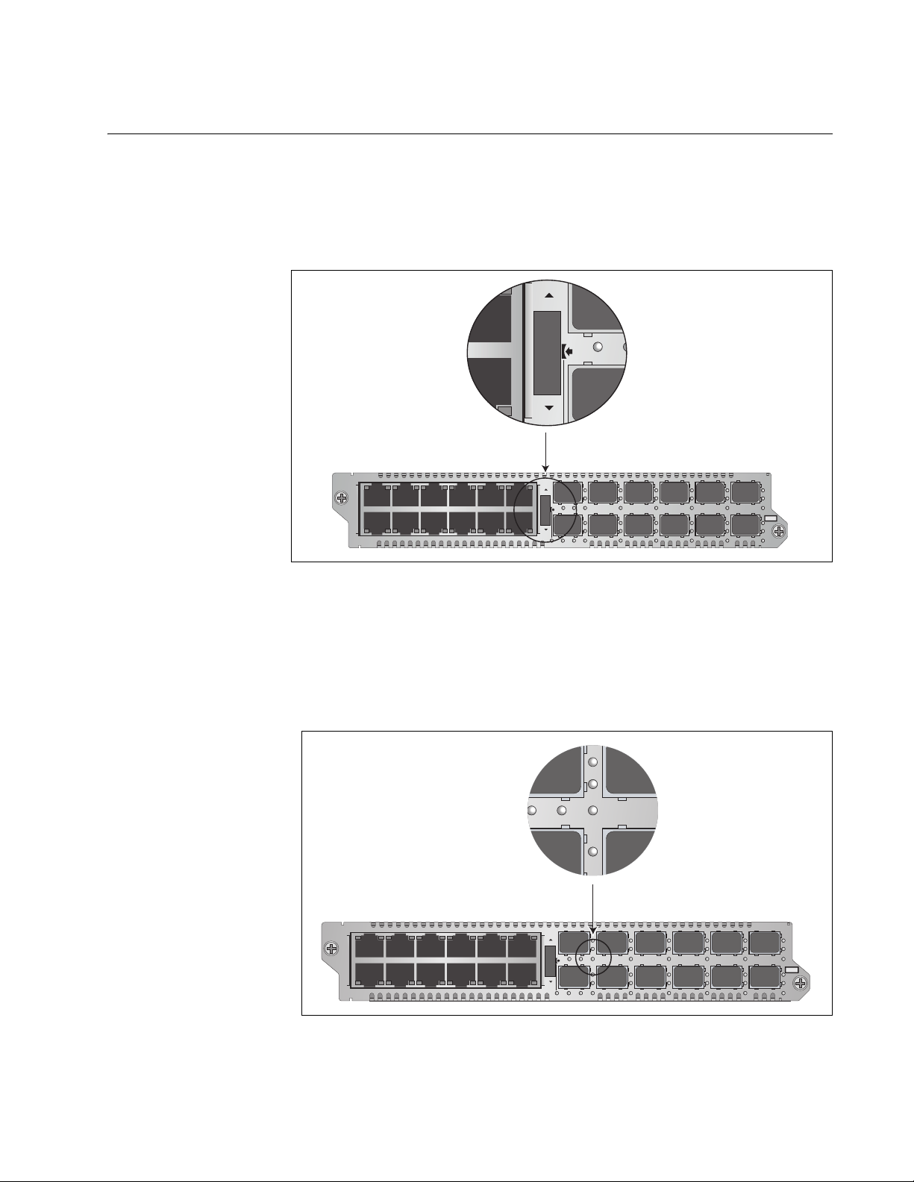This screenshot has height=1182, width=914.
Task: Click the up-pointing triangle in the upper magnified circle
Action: pyautogui.click(x=548, y=295)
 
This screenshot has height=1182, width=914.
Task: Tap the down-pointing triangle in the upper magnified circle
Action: pyautogui.click(x=548, y=408)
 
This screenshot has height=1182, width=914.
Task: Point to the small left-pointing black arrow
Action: pyautogui.click(x=569, y=350)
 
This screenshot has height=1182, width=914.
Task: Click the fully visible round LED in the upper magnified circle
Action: pyautogui.click(x=598, y=348)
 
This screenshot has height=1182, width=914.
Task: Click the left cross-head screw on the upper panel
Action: pyautogui.click(x=341, y=498)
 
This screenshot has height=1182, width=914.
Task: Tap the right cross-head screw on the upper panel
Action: pyautogui.click(x=778, y=531)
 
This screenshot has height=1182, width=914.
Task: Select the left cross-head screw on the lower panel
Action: pyautogui.click(x=331, y=949)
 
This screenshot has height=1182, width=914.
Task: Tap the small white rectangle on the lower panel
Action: pyautogui.click(x=792, y=969)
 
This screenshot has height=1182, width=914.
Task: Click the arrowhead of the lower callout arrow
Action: pyautogui.click(x=592, y=933)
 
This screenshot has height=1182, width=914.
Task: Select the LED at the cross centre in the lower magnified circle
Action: pyautogui.click(x=593, y=810)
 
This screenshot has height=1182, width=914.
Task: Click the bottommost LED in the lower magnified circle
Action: pyautogui.click(x=593, y=851)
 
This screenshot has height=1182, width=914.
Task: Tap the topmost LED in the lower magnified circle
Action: pyautogui.click(x=593, y=763)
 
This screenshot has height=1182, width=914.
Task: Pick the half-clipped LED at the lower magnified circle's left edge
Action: pyautogui.click(x=533, y=811)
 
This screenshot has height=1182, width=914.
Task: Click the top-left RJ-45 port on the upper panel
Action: pyautogui.click(x=376, y=495)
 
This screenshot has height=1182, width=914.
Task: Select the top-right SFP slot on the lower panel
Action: pyautogui.click(x=765, y=943)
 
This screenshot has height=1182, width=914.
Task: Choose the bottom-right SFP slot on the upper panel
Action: pyautogui.click(x=745, y=524)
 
